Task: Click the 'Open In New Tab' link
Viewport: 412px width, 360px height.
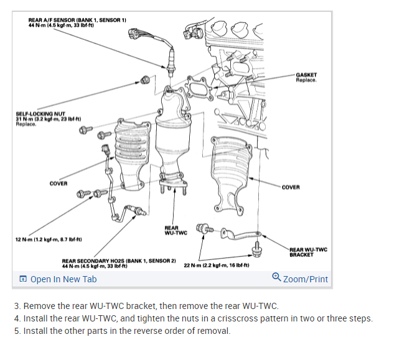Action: tap(63, 279)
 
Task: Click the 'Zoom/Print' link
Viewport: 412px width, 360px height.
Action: tap(305, 279)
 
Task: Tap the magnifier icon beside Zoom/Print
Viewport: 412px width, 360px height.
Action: tap(276, 279)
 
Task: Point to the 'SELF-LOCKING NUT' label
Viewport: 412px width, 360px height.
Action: tap(41, 115)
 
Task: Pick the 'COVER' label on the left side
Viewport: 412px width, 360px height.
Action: tap(59, 183)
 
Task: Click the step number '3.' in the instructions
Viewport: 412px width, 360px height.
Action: tap(17, 307)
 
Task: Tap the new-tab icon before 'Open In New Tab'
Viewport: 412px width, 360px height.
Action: tap(23, 279)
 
